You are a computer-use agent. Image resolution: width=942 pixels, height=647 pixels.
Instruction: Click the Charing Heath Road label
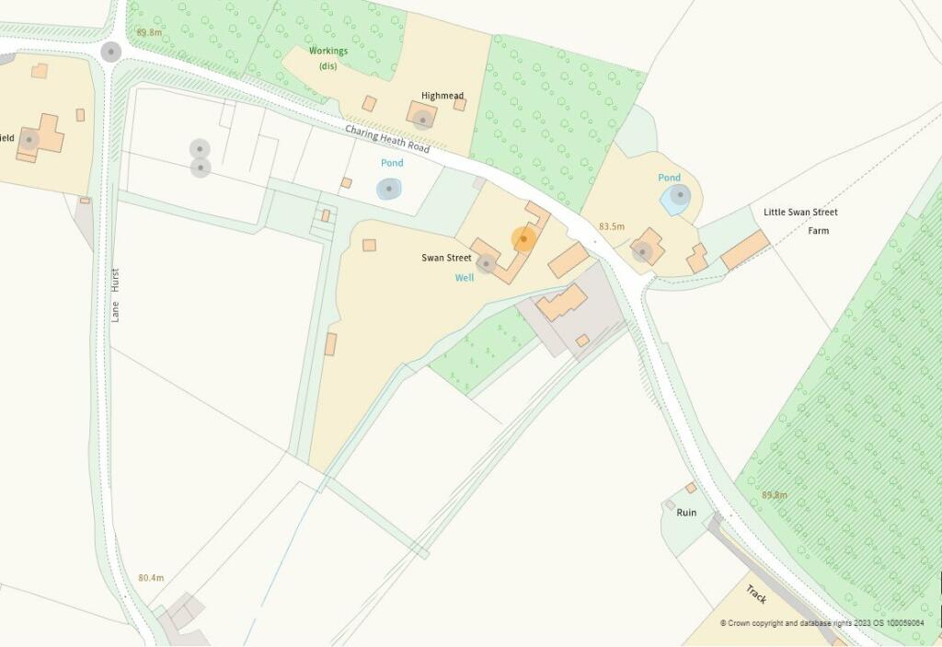(x=387, y=140)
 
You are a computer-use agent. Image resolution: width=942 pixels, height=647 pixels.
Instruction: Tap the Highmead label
(x=442, y=96)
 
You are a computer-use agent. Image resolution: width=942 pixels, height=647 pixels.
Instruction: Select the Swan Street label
(x=446, y=258)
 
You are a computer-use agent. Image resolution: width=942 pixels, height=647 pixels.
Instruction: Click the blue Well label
(x=465, y=277)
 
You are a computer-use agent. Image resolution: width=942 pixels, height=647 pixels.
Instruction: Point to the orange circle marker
(x=524, y=239)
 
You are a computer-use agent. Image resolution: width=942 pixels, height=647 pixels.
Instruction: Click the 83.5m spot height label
(x=612, y=226)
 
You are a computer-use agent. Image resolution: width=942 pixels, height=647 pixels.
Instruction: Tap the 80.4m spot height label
(x=151, y=578)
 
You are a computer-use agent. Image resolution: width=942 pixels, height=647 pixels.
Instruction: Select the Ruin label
(x=686, y=513)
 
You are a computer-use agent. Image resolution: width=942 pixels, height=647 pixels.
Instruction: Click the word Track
(x=756, y=594)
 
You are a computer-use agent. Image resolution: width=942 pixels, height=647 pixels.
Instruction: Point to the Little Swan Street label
(x=800, y=213)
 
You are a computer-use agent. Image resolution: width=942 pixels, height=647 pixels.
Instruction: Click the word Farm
(x=818, y=231)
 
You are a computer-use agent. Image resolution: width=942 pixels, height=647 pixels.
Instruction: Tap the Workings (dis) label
(x=328, y=58)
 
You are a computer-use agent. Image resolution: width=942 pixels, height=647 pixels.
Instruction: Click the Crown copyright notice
(x=828, y=623)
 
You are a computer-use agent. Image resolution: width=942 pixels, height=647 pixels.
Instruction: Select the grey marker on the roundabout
(x=111, y=52)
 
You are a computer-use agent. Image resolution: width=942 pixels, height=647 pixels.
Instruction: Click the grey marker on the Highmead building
(x=422, y=119)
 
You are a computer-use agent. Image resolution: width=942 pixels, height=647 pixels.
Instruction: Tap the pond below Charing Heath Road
(x=390, y=190)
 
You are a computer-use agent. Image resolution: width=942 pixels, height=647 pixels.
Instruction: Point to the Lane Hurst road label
(x=115, y=295)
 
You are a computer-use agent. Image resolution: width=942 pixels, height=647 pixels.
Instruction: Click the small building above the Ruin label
(x=690, y=488)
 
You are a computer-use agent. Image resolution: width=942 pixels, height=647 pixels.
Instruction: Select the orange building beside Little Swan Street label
(x=745, y=249)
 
